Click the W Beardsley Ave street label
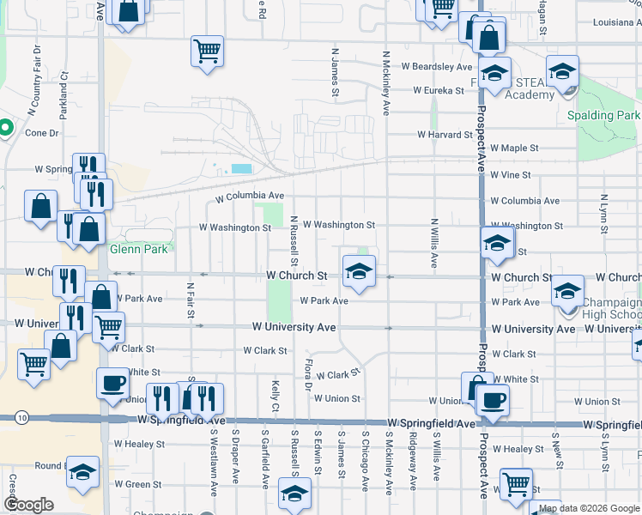[442, 66]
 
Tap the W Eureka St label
[444, 89]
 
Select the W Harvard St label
[445, 135]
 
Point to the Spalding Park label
[603, 115]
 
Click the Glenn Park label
[141, 250]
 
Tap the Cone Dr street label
[41, 133]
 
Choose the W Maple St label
[514, 148]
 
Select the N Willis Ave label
[435, 242]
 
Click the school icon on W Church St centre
[359, 273]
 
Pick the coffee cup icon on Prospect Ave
[493, 400]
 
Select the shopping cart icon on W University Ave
[108, 326]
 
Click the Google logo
[28, 505]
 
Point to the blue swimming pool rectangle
[242, 169]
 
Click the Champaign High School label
[610, 310]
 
